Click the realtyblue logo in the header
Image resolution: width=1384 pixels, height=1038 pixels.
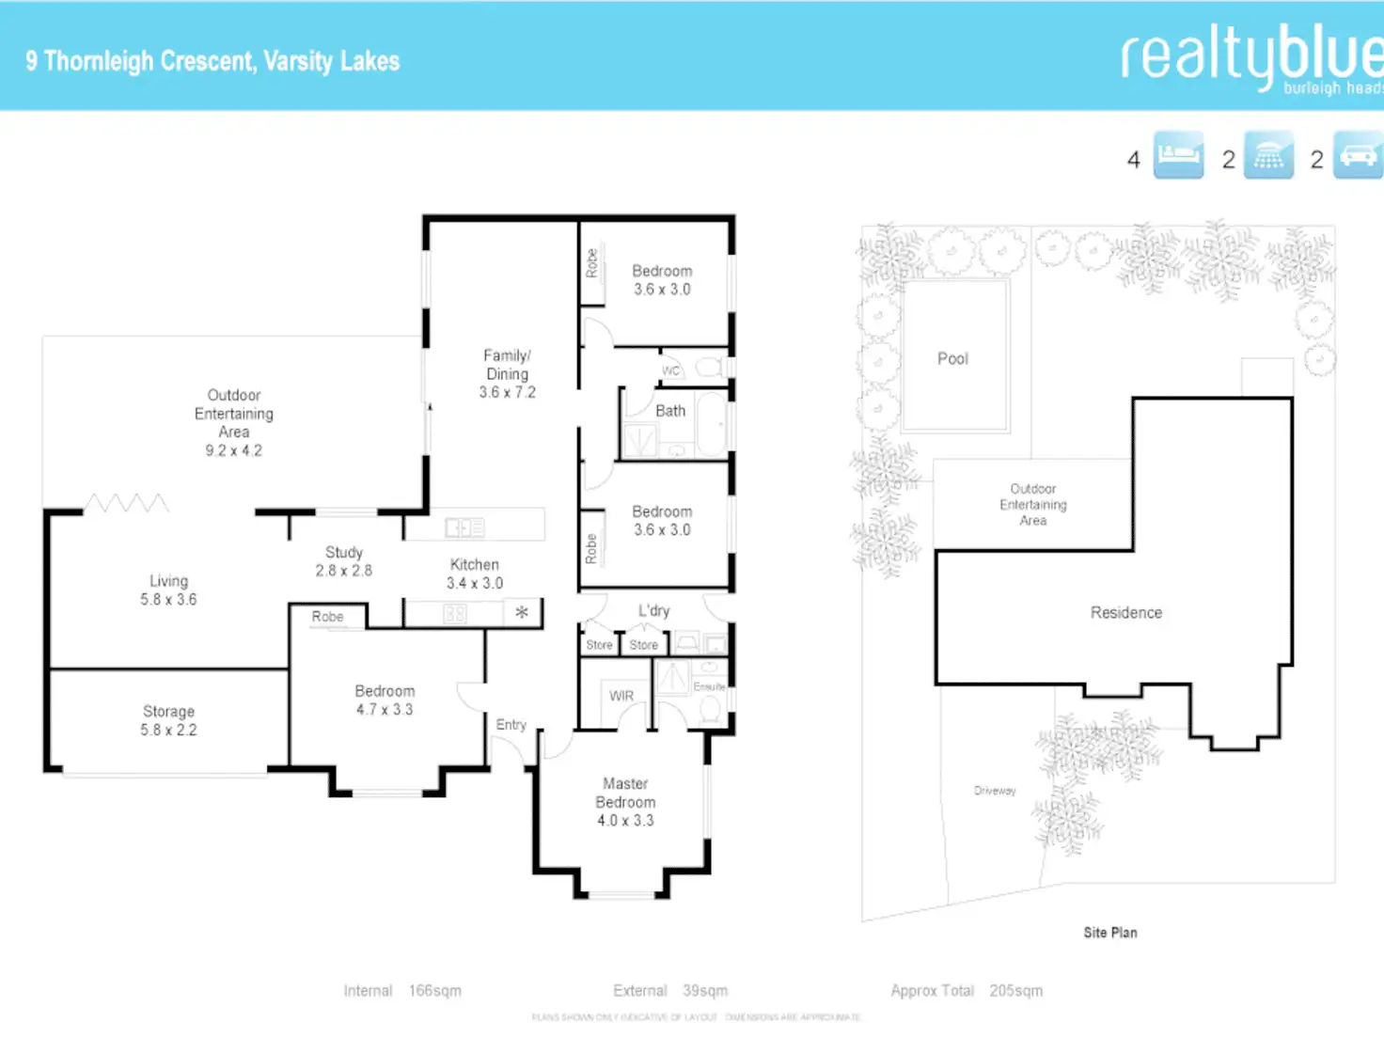(1250, 58)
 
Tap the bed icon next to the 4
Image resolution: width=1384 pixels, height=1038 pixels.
(1178, 155)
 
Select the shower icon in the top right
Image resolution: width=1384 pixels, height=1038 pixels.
(1268, 155)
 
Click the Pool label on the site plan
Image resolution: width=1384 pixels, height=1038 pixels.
(952, 359)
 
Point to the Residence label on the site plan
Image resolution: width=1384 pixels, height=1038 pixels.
(1126, 613)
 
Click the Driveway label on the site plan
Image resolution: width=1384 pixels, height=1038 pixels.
(995, 791)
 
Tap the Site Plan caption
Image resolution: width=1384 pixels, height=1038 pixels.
(1110, 933)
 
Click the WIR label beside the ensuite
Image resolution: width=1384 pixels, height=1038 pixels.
(621, 696)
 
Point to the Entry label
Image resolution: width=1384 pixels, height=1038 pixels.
(511, 725)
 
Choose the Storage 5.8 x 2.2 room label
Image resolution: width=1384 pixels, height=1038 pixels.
(169, 720)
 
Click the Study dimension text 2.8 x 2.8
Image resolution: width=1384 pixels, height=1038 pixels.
(344, 571)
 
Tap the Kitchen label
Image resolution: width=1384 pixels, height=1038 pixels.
(475, 565)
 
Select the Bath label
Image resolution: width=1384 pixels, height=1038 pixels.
(670, 411)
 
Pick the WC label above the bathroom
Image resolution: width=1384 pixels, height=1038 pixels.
(670, 370)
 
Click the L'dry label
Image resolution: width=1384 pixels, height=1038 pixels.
(654, 611)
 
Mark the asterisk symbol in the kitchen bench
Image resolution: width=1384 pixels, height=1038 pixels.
(522, 613)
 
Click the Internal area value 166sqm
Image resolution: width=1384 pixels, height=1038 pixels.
(435, 991)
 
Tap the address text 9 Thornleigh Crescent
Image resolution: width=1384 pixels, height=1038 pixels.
(141, 62)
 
